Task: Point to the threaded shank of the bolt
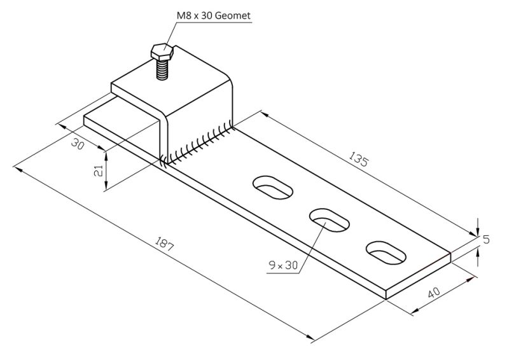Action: click(162, 69)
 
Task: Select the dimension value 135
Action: click(358, 160)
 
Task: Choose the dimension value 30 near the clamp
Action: click(78, 144)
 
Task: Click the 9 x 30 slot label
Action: click(282, 265)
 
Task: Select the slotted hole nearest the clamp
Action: click(273, 186)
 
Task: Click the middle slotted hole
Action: click(330, 218)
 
